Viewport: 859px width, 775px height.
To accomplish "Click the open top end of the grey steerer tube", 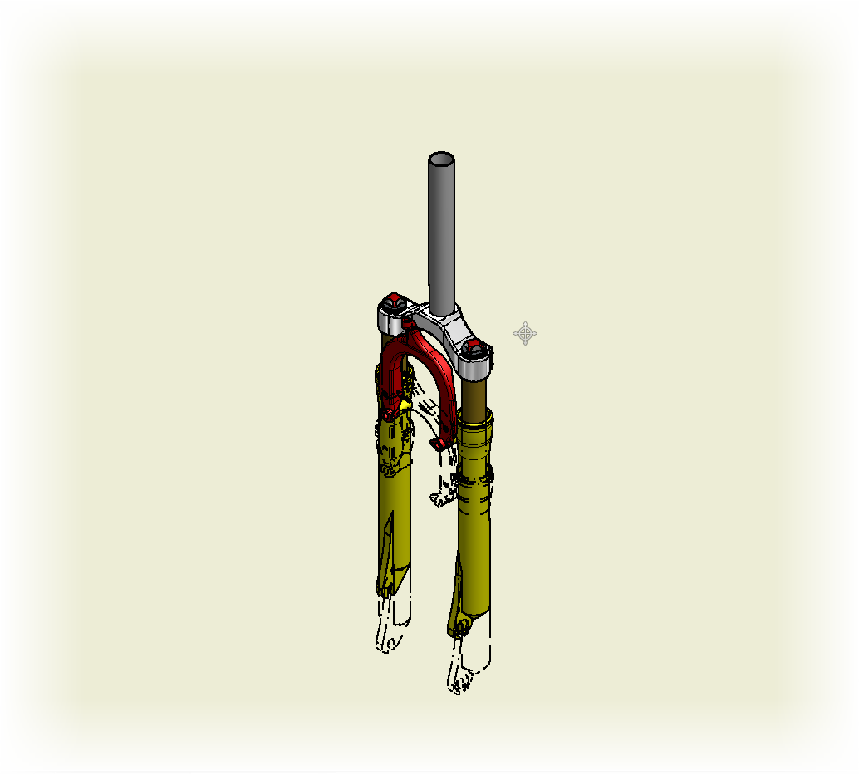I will click(x=441, y=159).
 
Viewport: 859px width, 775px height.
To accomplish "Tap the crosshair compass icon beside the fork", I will click(x=525, y=334).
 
